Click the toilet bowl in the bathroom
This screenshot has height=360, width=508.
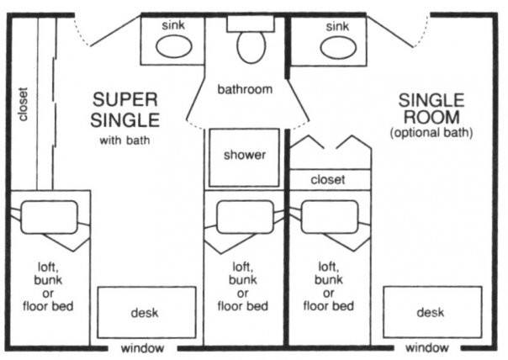[x=251, y=47]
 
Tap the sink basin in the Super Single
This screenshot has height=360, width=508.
[x=173, y=46]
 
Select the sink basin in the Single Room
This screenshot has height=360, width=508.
[x=338, y=48]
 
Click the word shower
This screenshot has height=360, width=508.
[x=245, y=155]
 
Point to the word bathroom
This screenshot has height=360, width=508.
[x=245, y=89]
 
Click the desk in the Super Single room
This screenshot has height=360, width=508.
[x=146, y=312]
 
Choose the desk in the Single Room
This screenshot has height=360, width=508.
[x=432, y=312]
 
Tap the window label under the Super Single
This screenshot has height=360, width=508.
[x=142, y=348]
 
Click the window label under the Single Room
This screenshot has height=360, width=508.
[x=427, y=348]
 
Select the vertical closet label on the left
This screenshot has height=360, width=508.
[x=23, y=104]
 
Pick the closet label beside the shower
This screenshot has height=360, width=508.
[x=327, y=179]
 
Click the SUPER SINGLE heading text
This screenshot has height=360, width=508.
[x=125, y=110]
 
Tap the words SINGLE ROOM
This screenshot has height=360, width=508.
[x=431, y=109]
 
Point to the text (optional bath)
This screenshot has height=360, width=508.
[x=431, y=133]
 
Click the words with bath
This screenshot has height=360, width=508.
[x=124, y=140]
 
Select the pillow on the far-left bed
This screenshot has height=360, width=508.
[x=50, y=217]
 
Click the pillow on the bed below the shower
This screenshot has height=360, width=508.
[x=246, y=217]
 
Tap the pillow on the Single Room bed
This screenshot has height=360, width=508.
[x=330, y=217]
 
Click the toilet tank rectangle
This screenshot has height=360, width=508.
[x=251, y=24]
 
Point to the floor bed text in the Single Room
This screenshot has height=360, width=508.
[x=329, y=305]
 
